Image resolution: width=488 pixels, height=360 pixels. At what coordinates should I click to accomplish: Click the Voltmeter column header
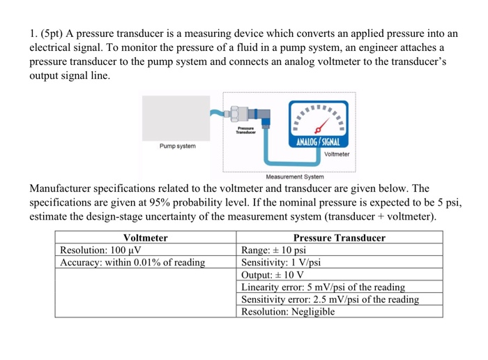coord(146,237)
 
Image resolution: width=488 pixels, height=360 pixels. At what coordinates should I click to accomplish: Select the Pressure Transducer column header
coord(340,237)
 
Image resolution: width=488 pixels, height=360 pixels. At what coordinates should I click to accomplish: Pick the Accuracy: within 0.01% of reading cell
coord(132,262)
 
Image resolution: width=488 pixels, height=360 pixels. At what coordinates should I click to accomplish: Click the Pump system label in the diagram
coord(178,147)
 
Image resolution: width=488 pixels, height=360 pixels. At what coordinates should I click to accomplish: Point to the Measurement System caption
coord(289,176)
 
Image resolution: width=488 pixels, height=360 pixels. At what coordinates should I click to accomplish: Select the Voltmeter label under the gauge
coord(337,153)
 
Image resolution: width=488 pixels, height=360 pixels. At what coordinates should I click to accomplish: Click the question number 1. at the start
coord(33,33)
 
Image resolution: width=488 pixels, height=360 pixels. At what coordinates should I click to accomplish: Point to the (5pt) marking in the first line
coord(54,33)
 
